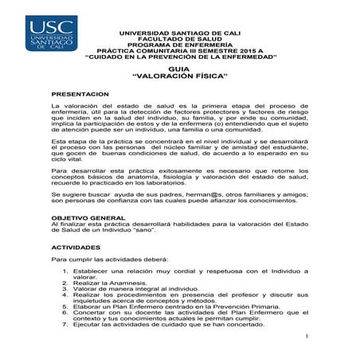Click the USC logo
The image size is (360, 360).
(53, 33)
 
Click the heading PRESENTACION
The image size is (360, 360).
(79, 94)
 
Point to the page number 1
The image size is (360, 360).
(307, 336)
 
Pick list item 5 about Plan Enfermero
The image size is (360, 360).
(169, 304)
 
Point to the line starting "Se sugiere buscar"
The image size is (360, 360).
(179, 194)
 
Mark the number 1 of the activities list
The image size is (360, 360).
(65, 270)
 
